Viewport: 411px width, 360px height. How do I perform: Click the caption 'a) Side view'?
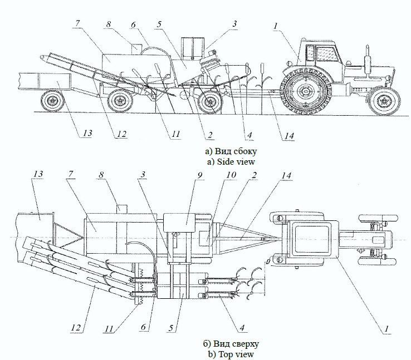point(230,162)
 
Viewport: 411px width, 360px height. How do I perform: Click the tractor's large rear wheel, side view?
point(304,92)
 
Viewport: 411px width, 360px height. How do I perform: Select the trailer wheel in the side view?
point(53,102)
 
